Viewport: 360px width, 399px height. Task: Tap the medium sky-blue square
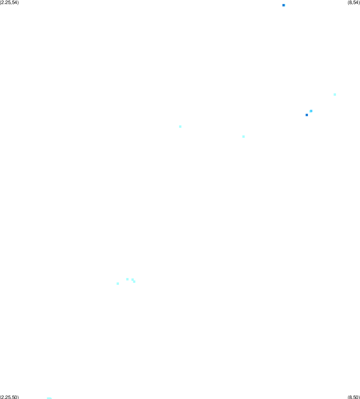(x=311, y=111)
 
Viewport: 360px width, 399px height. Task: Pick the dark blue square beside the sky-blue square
(x=307, y=115)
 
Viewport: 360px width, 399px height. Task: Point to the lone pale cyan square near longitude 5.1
(x=180, y=127)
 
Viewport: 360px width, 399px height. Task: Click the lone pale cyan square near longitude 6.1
(x=243, y=137)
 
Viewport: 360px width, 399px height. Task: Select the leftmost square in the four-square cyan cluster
(x=118, y=284)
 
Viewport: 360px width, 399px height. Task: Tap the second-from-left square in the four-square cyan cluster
(x=127, y=279)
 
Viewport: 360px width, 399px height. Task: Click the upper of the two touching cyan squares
(x=133, y=280)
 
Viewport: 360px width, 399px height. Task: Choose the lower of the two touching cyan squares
(x=134, y=282)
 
